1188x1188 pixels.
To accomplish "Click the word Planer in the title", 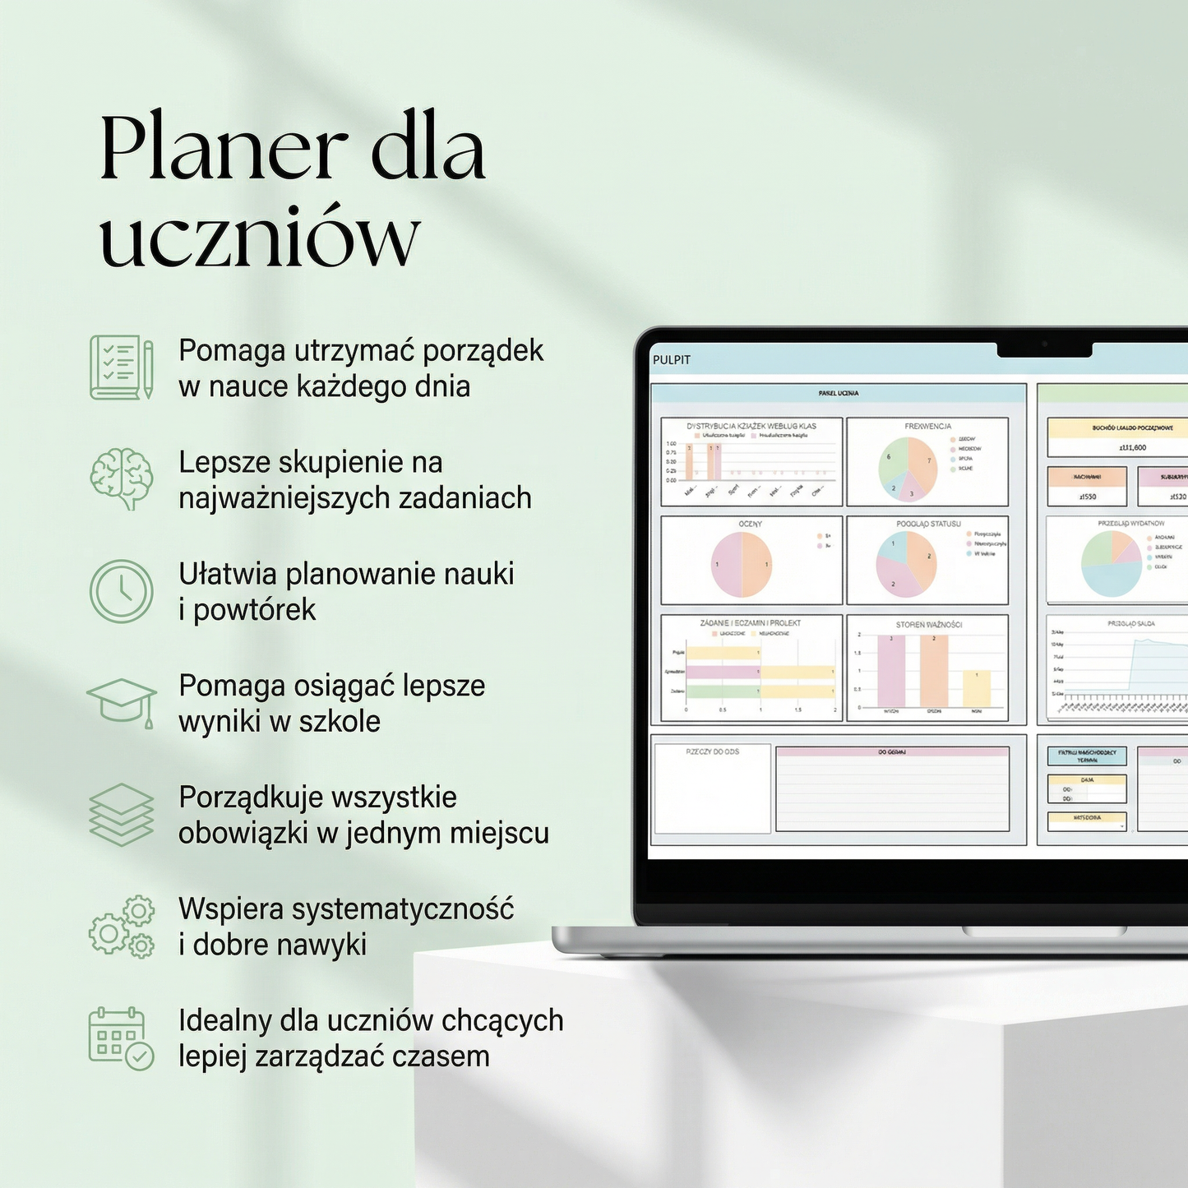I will (223, 150).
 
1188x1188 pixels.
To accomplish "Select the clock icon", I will (122, 591).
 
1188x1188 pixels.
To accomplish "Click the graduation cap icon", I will (122, 701).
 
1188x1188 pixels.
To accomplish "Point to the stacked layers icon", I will (122, 814).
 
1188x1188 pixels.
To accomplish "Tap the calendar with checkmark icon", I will (122, 1038).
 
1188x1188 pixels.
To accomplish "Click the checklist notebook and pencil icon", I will (122, 367).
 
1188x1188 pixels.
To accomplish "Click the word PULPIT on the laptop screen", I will (672, 360).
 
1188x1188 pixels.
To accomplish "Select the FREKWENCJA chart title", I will (927, 426).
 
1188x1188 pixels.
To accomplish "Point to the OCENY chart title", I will (750, 524).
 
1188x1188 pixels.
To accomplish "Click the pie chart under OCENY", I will (741, 565).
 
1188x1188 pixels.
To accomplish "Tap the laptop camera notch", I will (1044, 349).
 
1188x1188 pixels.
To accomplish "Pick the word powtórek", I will (255, 609).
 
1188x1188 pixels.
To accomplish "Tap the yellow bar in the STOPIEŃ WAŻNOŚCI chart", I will (977, 688).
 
